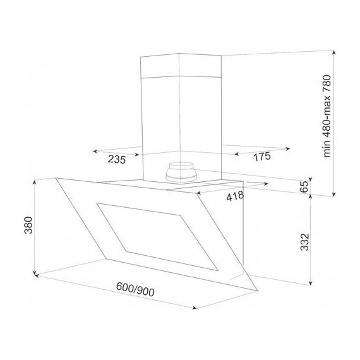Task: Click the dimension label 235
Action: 117,159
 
